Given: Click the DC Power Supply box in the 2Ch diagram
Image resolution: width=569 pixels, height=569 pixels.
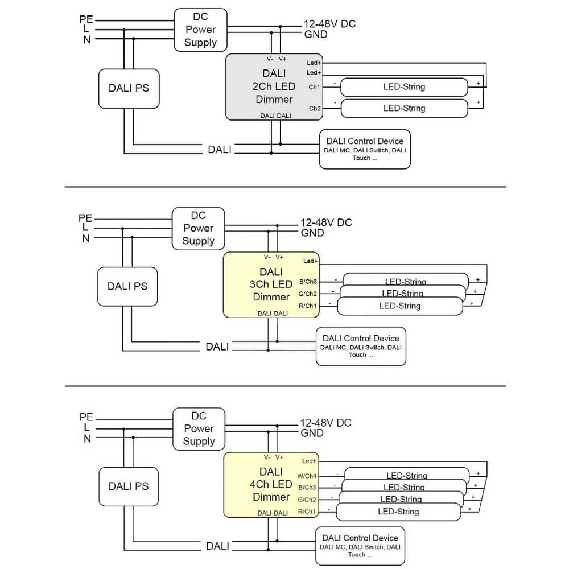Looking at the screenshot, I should [200, 30].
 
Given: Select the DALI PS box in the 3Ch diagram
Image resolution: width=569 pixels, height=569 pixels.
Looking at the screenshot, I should [127, 286].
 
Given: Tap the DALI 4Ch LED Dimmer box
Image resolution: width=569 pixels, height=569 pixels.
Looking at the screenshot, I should [271, 484].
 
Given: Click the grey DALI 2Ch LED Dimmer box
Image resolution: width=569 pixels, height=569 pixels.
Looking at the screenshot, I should [274, 87].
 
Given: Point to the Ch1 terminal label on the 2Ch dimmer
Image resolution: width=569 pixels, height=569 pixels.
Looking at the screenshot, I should [314, 87].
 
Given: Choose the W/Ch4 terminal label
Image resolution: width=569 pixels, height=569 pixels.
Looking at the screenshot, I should [307, 476].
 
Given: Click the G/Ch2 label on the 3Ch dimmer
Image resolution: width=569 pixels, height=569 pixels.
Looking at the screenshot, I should [308, 294].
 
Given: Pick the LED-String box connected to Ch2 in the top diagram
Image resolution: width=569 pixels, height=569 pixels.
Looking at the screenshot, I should [404, 108].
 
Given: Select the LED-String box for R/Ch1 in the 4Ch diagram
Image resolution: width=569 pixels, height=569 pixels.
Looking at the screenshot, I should [398, 512].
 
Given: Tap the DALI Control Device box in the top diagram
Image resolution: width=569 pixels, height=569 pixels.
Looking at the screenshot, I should [365, 149].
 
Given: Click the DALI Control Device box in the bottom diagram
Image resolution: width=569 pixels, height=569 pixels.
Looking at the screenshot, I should [361, 546].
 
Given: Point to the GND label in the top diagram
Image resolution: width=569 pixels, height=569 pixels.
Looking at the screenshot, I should [316, 34].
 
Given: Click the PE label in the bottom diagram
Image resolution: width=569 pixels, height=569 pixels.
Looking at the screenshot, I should [86, 417].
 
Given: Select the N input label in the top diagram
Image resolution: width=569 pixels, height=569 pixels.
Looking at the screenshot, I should [87, 39].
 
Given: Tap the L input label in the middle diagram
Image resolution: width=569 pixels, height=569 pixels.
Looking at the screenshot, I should [85, 228].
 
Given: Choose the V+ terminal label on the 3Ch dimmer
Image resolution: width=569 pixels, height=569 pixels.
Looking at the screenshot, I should [279, 257].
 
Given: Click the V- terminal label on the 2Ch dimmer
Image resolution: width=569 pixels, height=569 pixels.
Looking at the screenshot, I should [270, 59].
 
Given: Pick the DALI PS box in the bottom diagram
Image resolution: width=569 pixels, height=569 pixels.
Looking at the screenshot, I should [129, 486].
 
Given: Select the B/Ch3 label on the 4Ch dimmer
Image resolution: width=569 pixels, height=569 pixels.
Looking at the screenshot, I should [307, 488].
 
